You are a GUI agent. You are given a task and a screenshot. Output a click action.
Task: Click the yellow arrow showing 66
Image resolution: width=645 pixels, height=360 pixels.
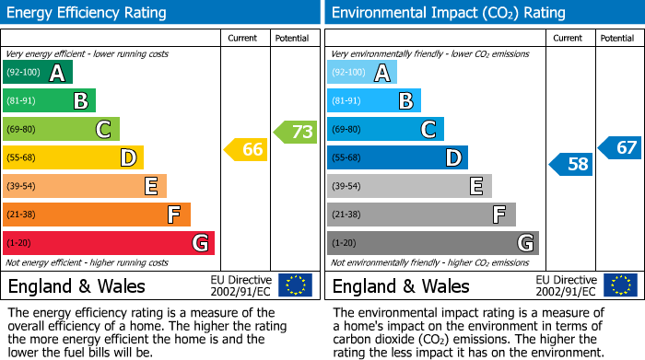pyautogui.click(x=246, y=149)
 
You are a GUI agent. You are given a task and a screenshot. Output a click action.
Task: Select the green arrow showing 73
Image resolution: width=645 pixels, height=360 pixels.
pyautogui.click(x=296, y=132)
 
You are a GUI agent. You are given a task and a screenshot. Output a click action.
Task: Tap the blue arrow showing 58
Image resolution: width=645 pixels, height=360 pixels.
pyautogui.click(x=571, y=164)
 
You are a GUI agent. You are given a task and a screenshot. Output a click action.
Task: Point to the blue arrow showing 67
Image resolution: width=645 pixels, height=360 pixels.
pyautogui.click(x=620, y=147)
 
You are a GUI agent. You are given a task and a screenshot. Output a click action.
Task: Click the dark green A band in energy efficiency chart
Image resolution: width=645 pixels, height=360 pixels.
pyautogui.click(x=38, y=73)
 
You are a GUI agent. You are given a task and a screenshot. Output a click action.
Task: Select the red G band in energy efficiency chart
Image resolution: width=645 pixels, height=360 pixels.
pyautogui.click(x=109, y=243)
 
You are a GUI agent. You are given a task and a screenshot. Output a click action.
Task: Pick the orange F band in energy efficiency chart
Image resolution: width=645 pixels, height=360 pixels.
pyautogui.click(x=97, y=215)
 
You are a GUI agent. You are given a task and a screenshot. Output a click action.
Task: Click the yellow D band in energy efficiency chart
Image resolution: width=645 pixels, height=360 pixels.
pyautogui.click(x=73, y=157)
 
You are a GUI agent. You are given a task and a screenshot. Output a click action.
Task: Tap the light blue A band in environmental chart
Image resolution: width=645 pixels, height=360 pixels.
pyautogui.click(x=362, y=73)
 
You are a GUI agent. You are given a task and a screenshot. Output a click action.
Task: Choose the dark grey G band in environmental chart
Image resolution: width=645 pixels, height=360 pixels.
pyautogui.click(x=432, y=243)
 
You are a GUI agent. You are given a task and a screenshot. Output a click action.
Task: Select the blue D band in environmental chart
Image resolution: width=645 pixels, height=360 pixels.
pyautogui.click(x=397, y=157)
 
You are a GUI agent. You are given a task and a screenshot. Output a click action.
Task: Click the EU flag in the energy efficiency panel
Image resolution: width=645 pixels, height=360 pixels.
pyautogui.click(x=295, y=285)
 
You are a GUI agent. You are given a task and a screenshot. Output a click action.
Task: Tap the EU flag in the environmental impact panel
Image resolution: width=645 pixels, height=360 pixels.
pyautogui.click(x=619, y=285)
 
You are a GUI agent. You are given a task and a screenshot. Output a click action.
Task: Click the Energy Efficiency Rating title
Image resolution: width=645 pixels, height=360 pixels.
pyautogui.click(x=88, y=13)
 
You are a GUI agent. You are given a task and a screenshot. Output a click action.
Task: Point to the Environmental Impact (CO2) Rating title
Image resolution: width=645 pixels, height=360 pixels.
pyautogui.click(x=447, y=13)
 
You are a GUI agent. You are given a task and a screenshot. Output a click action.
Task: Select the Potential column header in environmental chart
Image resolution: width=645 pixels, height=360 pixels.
pyautogui.click(x=617, y=38)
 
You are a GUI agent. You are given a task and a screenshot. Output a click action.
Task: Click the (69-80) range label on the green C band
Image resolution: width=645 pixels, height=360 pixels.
pyautogui.click(x=22, y=130)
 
